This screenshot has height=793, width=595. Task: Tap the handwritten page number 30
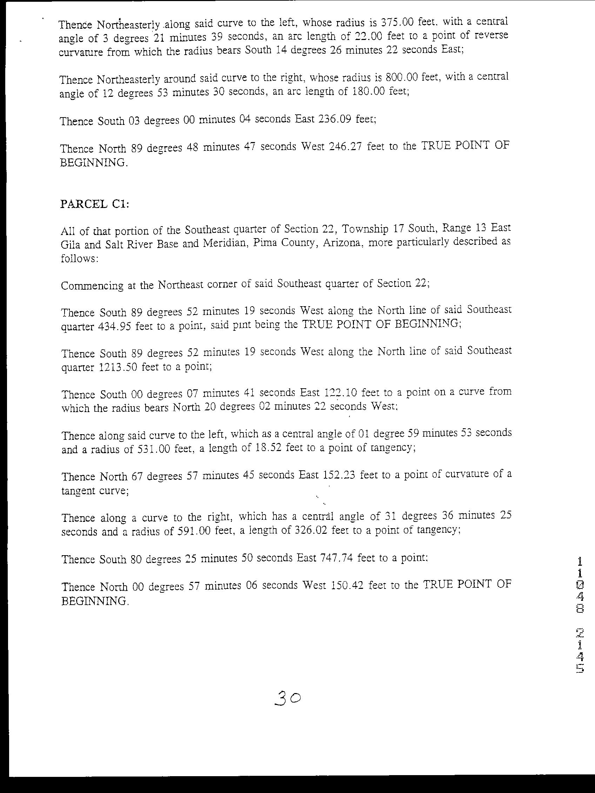[x=287, y=698]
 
